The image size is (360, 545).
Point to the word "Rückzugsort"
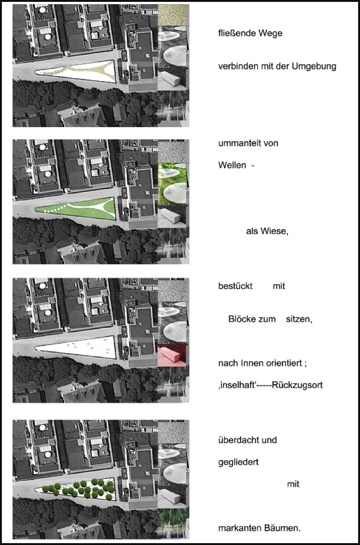[x=300, y=386]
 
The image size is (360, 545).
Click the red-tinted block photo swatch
[x=172, y=355]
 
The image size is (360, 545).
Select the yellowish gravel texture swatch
[x=172, y=15]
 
